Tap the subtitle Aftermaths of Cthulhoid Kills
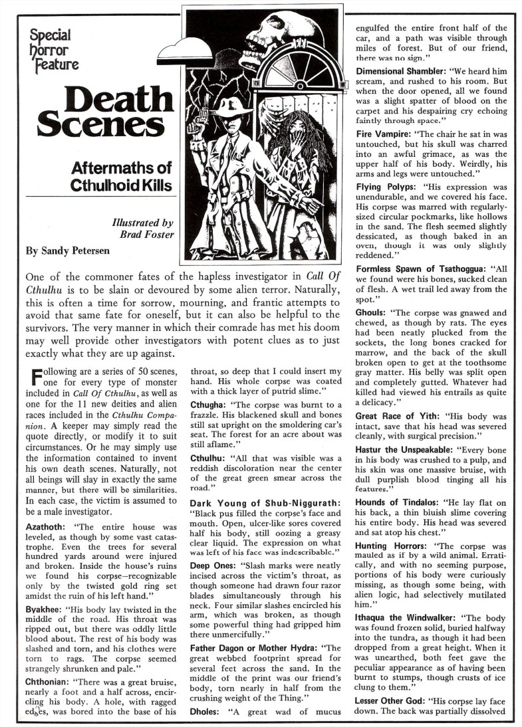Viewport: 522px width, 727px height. click(122, 176)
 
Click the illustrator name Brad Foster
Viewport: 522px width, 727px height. click(148, 235)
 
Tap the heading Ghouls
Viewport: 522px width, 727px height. click(374, 312)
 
